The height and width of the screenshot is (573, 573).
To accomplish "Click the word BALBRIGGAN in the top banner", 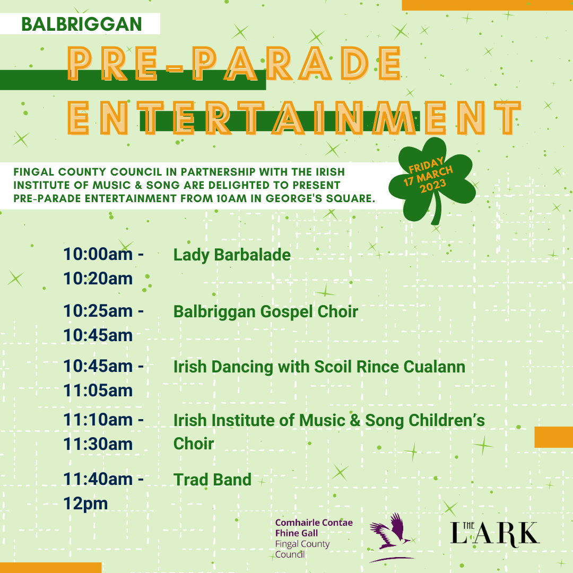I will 82,24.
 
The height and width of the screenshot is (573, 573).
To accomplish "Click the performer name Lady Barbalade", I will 232,255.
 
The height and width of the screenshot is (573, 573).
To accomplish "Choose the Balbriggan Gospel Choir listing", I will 265,311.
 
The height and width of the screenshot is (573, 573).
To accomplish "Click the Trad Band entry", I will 212,480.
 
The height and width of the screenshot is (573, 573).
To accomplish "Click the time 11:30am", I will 98,444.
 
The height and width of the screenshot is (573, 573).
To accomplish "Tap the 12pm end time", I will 85,503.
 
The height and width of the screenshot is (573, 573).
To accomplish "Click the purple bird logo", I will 392,536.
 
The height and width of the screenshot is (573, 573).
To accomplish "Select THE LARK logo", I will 494,533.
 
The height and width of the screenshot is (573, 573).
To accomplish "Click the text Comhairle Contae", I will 314,523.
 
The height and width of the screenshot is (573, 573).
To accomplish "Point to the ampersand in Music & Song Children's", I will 355,420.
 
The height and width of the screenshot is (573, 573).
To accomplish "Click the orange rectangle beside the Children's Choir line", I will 553,437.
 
